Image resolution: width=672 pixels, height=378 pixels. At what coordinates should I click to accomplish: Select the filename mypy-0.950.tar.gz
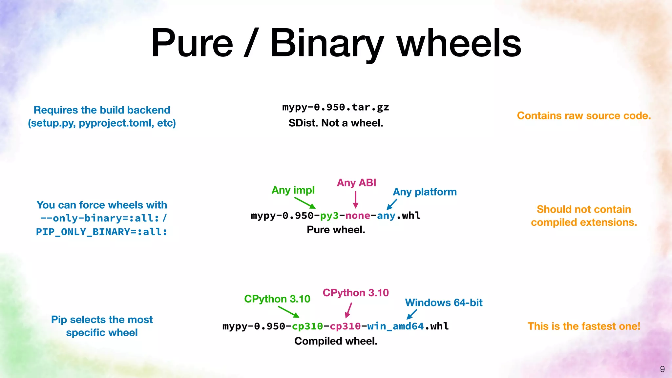pyautogui.click(x=336, y=107)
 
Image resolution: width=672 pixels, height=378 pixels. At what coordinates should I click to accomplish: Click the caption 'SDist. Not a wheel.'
pyautogui.click(x=336, y=123)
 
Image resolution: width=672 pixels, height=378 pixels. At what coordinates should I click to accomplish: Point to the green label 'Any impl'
pyautogui.click(x=293, y=190)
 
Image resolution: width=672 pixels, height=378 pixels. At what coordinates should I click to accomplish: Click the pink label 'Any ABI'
pyautogui.click(x=356, y=183)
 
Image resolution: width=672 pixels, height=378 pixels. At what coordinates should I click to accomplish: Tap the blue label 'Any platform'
pyautogui.click(x=425, y=192)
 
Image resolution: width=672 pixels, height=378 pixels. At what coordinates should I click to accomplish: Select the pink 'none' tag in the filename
pyautogui.click(x=358, y=216)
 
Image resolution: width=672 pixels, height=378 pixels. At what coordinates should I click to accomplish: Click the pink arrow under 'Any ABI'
pyautogui.click(x=355, y=199)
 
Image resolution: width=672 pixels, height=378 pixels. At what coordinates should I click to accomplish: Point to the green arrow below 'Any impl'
pyautogui.click(x=305, y=203)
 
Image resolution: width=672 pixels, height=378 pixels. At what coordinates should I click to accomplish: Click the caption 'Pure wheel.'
pyautogui.click(x=336, y=230)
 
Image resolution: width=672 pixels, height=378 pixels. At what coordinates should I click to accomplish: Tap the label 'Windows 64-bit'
pyautogui.click(x=444, y=303)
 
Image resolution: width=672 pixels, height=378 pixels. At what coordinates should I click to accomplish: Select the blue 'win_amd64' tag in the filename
pyautogui.click(x=395, y=326)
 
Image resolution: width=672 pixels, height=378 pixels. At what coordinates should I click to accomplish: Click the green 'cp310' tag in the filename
pyautogui.click(x=307, y=326)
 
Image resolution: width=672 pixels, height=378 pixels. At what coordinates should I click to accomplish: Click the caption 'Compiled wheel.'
pyautogui.click(x=336, y=341)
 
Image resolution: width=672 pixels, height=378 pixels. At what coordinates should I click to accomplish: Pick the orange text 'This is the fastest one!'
pyautogui.click(x=584, y=326)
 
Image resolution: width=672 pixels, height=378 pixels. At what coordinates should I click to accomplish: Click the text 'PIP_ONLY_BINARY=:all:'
pyautogui.click(x=102, y=232)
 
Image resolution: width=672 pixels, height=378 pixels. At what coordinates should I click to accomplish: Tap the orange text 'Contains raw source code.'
pyautogui.click(x=584, y=116)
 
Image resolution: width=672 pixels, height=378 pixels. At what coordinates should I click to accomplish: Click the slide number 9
pyautogui.click(x=662, y=369)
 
